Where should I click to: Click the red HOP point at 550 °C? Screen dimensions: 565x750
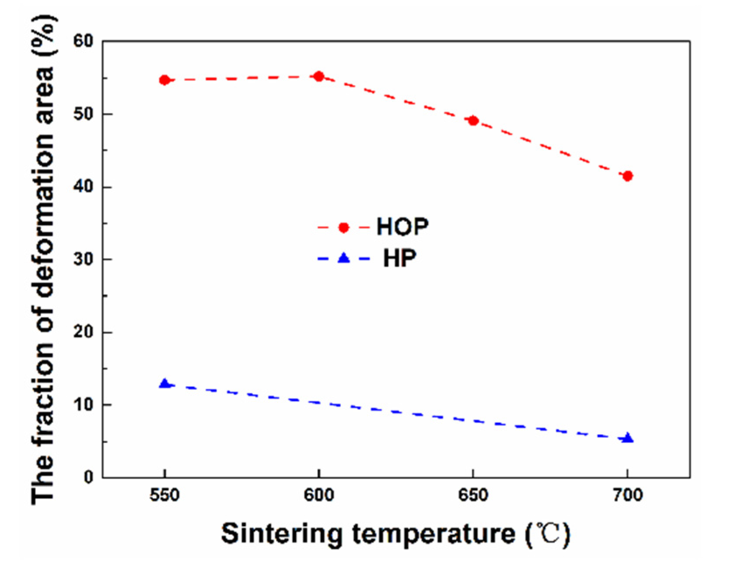[165, 80]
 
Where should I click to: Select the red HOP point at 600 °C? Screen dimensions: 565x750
[319, 77]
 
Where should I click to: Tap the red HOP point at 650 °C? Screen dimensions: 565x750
[473, 120]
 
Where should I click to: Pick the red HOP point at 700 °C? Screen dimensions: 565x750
[627, 176]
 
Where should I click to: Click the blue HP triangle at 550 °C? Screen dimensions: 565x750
[165, 384]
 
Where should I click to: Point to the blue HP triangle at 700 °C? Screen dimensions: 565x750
[627, 438]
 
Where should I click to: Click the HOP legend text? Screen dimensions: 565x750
[402, 227]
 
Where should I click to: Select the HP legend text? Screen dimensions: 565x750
[399, 258]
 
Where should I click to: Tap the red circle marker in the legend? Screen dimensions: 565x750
[344, 227]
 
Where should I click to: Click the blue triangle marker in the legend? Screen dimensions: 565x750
[344, 258]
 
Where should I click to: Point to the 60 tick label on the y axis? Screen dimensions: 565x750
[83, 41]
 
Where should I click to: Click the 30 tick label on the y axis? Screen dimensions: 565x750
[83, 259]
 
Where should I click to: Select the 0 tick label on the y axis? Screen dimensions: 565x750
[89, 477]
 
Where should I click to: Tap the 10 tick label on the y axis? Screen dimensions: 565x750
[83, 405]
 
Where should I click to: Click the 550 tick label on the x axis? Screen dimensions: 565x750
[165, 495]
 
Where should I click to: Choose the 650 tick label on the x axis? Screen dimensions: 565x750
[473, 495]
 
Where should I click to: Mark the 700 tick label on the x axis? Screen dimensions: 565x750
[627, 495]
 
